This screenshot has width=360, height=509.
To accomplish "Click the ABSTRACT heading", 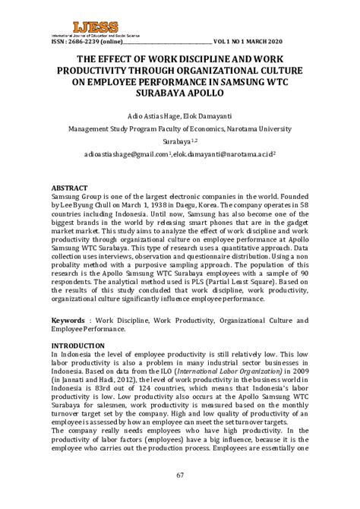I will point(74,187).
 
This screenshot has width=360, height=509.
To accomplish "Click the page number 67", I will point(180,476).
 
